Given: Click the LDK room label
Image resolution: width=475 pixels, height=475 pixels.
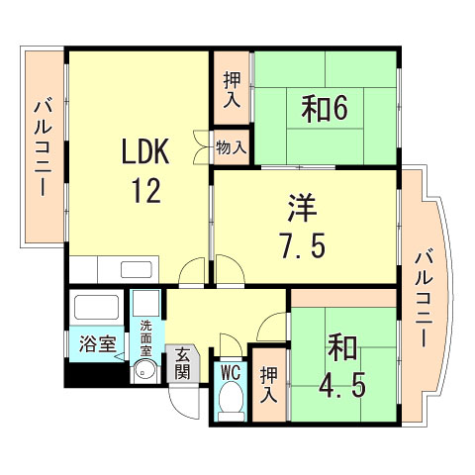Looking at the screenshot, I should [146, 151].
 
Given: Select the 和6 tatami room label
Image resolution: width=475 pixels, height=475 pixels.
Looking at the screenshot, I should [325, 108].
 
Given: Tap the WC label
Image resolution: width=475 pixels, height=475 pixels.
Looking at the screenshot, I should [231, 372].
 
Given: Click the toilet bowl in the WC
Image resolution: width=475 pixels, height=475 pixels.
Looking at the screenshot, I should [232, 401].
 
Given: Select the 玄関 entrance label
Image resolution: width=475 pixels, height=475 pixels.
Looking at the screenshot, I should [182, 362].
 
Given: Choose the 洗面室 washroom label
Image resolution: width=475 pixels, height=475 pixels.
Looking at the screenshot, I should [146, 337].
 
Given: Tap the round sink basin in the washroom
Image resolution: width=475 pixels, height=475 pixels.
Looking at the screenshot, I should [144, 371].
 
